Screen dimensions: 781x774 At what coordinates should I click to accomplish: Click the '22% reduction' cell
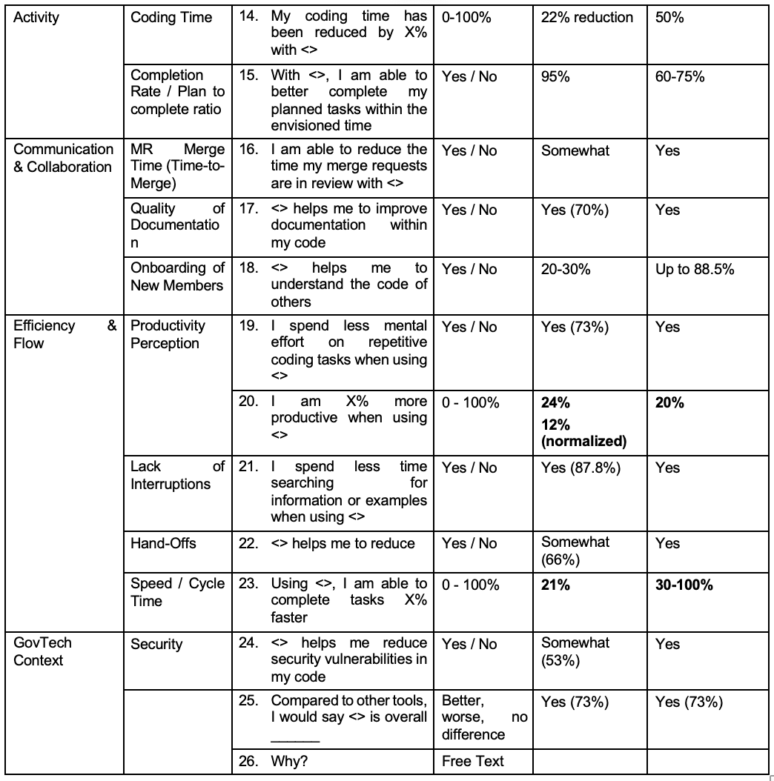point(587,18)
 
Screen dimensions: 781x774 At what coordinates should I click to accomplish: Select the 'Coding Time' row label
point(171,18)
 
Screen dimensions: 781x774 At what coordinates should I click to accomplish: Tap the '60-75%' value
point(680,76)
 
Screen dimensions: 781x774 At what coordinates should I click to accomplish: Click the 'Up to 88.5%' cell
point(695,269)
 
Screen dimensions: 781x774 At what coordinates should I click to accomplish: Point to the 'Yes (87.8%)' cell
point(580,468)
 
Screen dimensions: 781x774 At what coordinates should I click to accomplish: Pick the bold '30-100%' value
point(684,585)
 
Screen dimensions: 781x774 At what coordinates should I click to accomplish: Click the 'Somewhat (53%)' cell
point(575,652)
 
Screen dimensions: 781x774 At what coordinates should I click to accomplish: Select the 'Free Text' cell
point(472,761)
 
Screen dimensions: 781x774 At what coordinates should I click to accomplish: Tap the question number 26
point(248,761)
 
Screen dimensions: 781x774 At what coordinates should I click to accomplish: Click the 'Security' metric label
point(156,644)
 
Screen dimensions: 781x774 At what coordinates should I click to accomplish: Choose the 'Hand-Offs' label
point(163,543)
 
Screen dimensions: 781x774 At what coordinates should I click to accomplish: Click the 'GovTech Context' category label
point(43,651)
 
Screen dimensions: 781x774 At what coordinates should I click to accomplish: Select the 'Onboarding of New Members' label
point(177,277)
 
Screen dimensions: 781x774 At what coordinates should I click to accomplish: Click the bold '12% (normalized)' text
point(583,433)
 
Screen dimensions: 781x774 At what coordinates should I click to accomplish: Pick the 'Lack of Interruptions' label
point(177,476)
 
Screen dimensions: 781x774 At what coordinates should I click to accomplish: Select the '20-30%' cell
point(566,269)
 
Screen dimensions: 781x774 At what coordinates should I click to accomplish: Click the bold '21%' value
point(555,585)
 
